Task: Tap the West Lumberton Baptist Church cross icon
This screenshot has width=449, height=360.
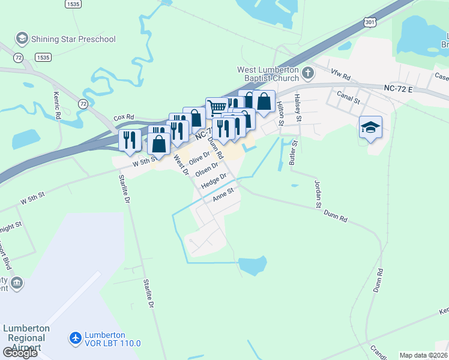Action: click(x=308, y=74)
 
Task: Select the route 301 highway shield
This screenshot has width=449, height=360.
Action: click(x=370, y=22)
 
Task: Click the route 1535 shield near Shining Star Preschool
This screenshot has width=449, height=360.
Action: click(x=43, y=57)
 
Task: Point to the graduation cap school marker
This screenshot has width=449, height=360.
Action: click(x=370, y=127)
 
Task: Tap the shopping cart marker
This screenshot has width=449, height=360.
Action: click(x=217, y=107)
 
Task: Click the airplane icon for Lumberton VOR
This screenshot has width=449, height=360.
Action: click(x=76, y=339)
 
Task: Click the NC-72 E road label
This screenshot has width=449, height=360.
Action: click(x=399, y=89)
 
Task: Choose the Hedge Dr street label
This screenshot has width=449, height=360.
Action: click(x=214, y=181)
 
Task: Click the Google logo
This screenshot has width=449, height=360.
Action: click(x=19, y=352)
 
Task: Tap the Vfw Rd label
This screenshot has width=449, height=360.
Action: click(x=340, y=75)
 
